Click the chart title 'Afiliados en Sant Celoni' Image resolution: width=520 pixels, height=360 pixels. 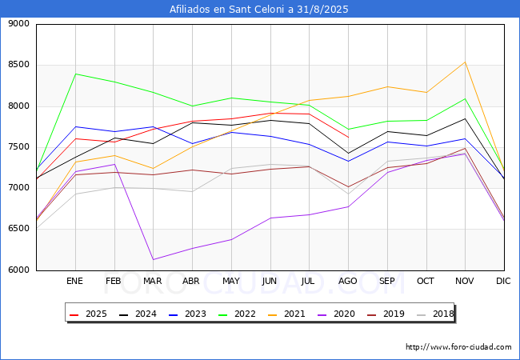pyautogui.click(x=259, y=10)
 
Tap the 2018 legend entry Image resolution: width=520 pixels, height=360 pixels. pyautogui.click(x=436, y=314)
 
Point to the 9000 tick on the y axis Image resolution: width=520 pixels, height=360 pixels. pyautogui.click(x=18, y=24)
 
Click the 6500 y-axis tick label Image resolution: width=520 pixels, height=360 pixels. pyautogui.click(x=18, y=230)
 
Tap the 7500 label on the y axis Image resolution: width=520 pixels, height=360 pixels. pyautogui.click(x=18, y=147)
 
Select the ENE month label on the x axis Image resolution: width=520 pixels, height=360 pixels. pyautogui.click(x=74, y=282)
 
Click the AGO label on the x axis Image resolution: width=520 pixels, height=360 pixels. pyautogui.click(x=348, y=282)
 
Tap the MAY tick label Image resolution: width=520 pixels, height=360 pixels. pyautogui.click(x=230, y=282)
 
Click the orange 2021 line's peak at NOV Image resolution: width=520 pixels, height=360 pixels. pyautogui.click(x=465, y=62)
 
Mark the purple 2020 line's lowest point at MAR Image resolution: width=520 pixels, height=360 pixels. pyautogui.click(x=153, y=259)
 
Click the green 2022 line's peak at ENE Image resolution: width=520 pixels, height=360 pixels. pyautogui.click(x=74, y=74)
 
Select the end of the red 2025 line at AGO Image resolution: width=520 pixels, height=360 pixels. pyautogui.click(x=348, y=137)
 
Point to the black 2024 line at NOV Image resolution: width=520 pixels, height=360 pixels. pyautogui.click(x=465, y=118)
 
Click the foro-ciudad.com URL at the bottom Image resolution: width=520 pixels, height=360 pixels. pyautogui.click(x=458, y=347)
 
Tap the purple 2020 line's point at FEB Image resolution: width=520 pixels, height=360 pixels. pyautogui.click(x=114, y=164)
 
